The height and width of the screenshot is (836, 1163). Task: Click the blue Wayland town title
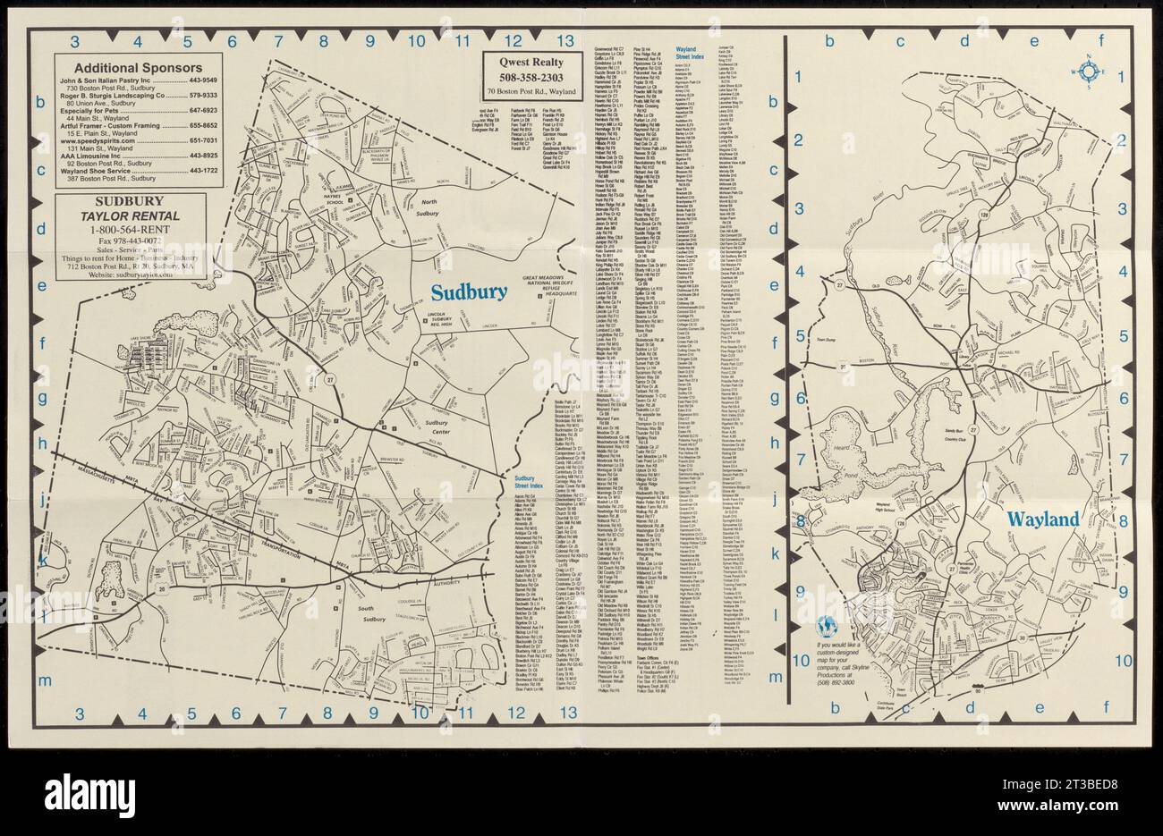[x=1044, y=519]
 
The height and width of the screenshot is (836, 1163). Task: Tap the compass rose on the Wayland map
[x=1089, y=72]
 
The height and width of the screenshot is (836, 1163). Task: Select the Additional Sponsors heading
[x=137, y=67]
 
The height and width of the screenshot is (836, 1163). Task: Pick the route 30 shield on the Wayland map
[x=1021, y=637]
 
